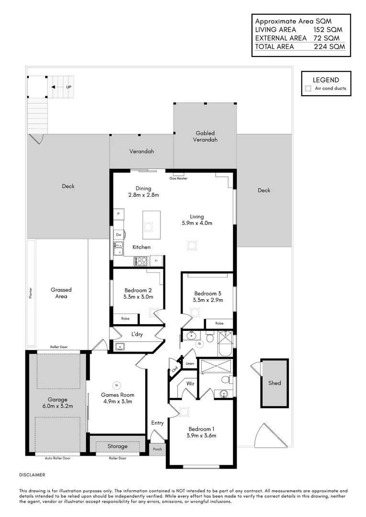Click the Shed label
pyautogui.click(x=274, y=383)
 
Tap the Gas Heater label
pyautogui.click(x=178, y=179)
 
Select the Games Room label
pyautogui.click(x=117, y=395)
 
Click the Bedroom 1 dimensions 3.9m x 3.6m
pyautogui.click(x=201, y=436)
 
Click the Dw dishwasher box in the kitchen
pyautogui.click(x=118, y=235)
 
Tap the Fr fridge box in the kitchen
pyautogui.click(x=156, y=260)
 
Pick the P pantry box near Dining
pyautogui.click(x=118, y=214)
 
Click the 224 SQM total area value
pyautogui.click(x=329, y=47)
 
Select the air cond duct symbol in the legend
pyautogui.click(x=308, y=89)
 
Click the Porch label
pyautogui.click(x=157, y=449)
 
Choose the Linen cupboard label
pyautogui.click(x=190, y=364)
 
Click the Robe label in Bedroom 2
pyautogui.click(x=125, y=318)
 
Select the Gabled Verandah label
pyautogui.click(x=205, y=136)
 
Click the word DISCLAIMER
pyautogui.click(x=32, y=475)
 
